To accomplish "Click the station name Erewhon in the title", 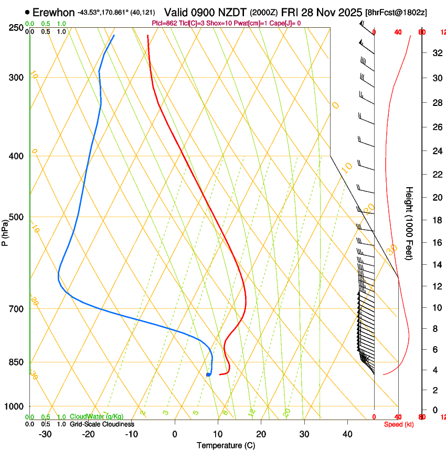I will coord(53,12).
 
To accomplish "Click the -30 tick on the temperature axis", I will coord(45,434).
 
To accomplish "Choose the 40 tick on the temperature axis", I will coord(347,434).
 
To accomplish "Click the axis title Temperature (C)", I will coord(226,445).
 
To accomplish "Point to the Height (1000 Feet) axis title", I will coord(409,223).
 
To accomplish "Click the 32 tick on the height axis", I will coord(436,52).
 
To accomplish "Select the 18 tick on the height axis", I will coord(436,220).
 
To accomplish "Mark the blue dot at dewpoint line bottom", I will coord(208,374).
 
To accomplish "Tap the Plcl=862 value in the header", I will coord(165,23).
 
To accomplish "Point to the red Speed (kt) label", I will coord(398,424).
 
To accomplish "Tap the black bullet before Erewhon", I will coord(27,12).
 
